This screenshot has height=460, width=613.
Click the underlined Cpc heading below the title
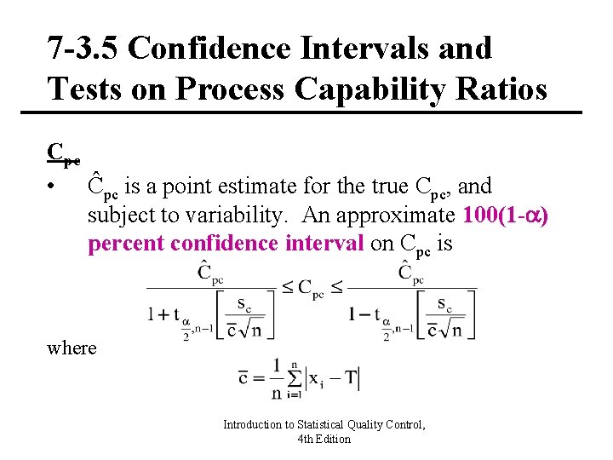(64, 154)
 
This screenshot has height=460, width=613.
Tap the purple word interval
(326, 244)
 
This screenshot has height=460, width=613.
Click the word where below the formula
(72, 348)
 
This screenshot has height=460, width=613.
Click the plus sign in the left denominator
(162, 314)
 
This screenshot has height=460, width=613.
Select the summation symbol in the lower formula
(295, 377)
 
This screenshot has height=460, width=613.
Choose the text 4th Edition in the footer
(324, 439)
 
